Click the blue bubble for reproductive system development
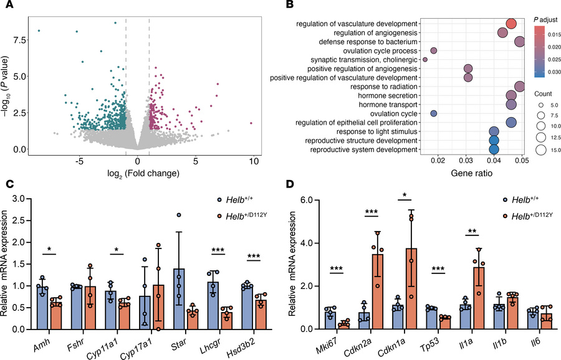tap(494, 149)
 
